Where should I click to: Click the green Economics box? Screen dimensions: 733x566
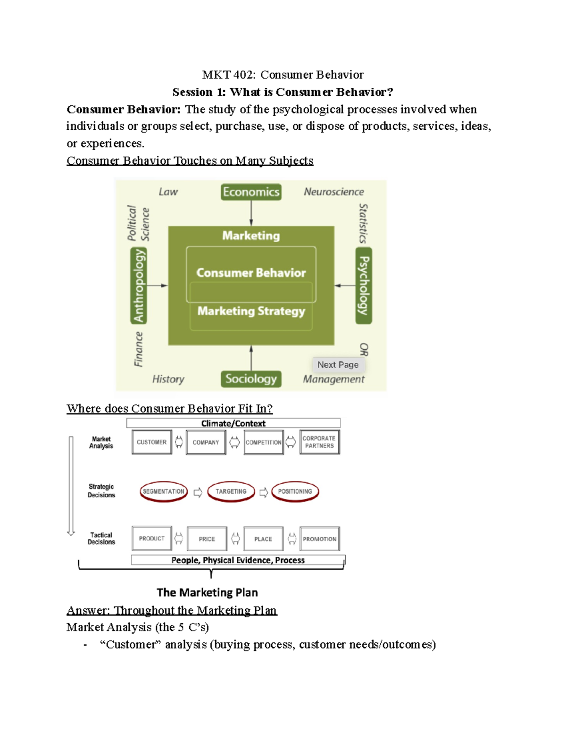251,192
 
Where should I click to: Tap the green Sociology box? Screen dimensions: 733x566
251,379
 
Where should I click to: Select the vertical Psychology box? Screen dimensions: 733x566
364,286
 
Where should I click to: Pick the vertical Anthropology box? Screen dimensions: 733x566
139,286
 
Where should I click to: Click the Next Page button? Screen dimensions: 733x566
338,365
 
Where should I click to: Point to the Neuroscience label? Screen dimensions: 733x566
333,192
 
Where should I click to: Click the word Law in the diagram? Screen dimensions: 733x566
168,192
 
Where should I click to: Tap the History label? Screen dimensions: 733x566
168,379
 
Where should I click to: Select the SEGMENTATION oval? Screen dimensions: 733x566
163,491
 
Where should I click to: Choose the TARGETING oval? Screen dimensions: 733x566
231,491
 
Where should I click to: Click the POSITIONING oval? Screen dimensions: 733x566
295,491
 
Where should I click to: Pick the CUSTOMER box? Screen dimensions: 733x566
151,442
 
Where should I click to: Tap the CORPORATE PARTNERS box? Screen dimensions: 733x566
319,442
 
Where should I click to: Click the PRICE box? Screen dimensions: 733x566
207,539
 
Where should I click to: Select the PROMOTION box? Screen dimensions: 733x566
319,539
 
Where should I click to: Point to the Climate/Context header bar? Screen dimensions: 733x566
233,423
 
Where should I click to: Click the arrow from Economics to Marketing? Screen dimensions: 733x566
251,213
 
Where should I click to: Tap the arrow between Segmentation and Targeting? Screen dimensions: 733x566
198,492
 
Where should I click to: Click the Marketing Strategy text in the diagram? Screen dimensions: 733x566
251,311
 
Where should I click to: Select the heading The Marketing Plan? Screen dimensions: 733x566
207,592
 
